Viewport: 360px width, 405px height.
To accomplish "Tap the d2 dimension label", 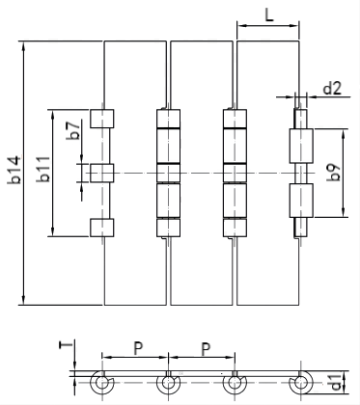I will point(331,89).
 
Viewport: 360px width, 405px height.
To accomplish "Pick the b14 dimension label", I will point(14,174).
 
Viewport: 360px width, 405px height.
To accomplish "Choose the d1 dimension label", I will point(334,383).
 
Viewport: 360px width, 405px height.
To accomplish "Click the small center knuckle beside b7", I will point(102,173).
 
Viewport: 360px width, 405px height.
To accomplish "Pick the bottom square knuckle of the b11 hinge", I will point(102,228).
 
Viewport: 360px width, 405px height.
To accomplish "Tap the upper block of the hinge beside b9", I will point(300,147).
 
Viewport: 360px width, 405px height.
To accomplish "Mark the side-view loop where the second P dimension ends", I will point(234,384).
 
